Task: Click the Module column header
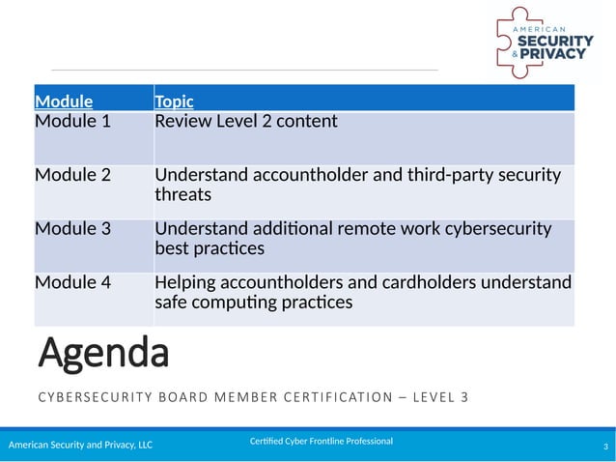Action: tap(64, 101)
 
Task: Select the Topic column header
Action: tap(174, 101)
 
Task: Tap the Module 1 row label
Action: tap(72, 122)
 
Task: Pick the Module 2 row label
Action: tap(72, 176)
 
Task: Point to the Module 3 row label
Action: tap(72, 229)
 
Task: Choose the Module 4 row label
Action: tap(72, 282)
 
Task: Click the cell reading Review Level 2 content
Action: tap(246, 122)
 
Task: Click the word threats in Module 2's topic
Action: tap(182, 195)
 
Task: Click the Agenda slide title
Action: tap(103, 355)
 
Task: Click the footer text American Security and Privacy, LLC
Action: tap(81, 446)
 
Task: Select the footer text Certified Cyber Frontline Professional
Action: tap(322, 442)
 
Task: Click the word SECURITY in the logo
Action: tap(554, 41)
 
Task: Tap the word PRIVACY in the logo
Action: tap(558, 55)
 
